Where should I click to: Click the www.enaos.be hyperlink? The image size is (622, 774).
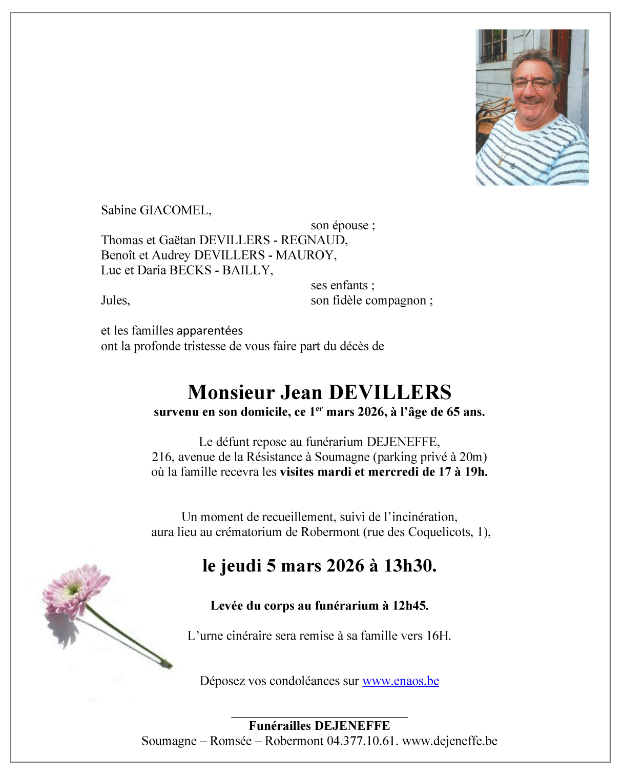(x=400, y=681)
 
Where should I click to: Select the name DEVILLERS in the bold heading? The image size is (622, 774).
(x=390, y=392)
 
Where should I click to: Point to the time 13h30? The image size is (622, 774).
(x=410, y=566)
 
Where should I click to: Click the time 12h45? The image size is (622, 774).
(x=410, y=606)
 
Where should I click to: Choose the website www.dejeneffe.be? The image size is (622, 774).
(x=449, y=741)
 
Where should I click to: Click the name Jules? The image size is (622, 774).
(x=115, y=301)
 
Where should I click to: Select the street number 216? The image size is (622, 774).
(x=161, y=457)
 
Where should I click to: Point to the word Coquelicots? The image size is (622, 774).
(x=440, y=532)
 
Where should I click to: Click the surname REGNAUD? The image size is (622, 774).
(x=314, y=241)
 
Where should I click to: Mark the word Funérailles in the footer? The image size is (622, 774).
(x=280, y=726)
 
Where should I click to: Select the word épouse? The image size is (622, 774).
(x=350, y=226)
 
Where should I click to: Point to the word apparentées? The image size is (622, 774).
(x=210, y=331)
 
